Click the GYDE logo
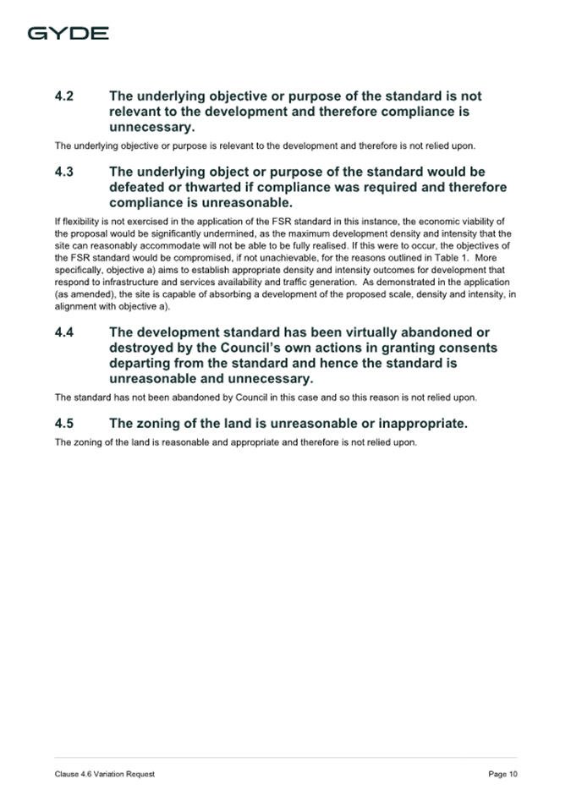pos(68,33)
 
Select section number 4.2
pos(64,96)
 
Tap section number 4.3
pos(64,173)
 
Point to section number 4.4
pos(64,333)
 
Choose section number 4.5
pos(64,423)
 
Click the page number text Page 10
pos(502,774)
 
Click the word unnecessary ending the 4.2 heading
pos(151,127)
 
